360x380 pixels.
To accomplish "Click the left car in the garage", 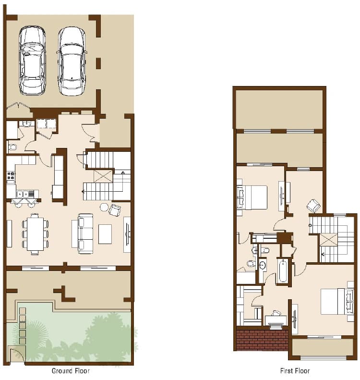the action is pos(32,61).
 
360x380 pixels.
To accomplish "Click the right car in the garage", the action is pos(72,61).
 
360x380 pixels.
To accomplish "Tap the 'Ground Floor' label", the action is pos(71,371).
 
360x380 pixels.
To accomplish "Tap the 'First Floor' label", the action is pos(295,371).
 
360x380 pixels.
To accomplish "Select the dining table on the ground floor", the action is pos(36,234).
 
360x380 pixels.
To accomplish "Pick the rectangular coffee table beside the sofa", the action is pos(105,234).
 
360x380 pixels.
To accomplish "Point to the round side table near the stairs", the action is pos(104,207).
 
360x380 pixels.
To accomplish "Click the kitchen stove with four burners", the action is pos(11,177).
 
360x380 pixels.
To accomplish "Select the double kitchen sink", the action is pos(25,194).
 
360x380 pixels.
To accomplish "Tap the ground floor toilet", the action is pos(12,147).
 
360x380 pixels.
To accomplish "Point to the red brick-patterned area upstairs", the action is pos(262,339).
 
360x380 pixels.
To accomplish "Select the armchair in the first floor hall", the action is pos(313,206).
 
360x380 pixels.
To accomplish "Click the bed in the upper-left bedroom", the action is pos(252,197).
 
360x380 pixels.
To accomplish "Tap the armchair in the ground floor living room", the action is pos(115,210).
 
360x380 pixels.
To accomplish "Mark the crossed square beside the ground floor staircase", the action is pos(103,176).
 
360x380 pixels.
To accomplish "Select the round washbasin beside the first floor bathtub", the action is pos(262,266).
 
